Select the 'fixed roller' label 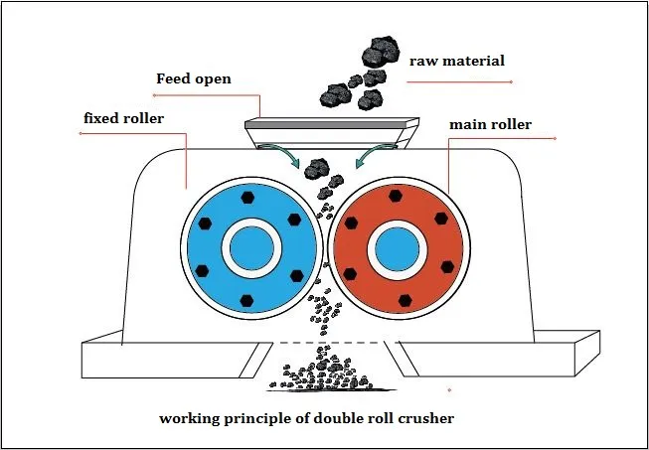[124, 120]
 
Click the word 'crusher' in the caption [424, 418]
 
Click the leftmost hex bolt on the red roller [348, 270]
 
